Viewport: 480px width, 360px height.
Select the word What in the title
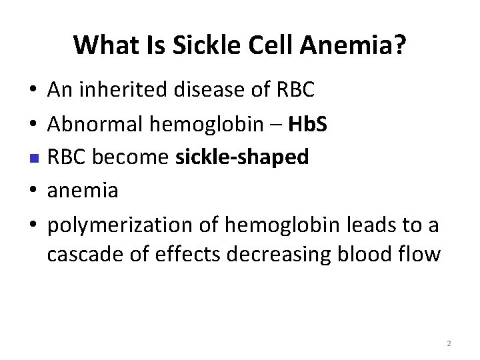(102, 45)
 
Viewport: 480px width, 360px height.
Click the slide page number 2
(449, 344)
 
